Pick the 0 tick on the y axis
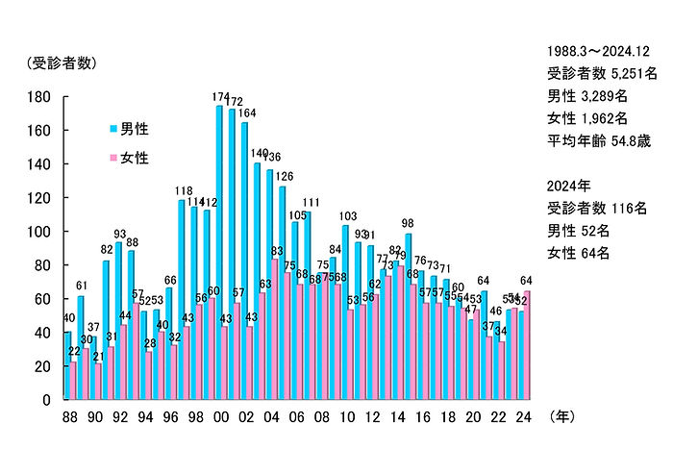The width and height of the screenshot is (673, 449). coord(45,400)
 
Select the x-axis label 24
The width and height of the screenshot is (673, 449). coord(524,418)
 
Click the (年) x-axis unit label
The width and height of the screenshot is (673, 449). coord(565,418)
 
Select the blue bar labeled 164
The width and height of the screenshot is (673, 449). coord(244,260)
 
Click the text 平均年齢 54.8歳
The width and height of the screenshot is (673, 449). coord(599,141)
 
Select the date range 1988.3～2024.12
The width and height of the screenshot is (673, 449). coord(601,50)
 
